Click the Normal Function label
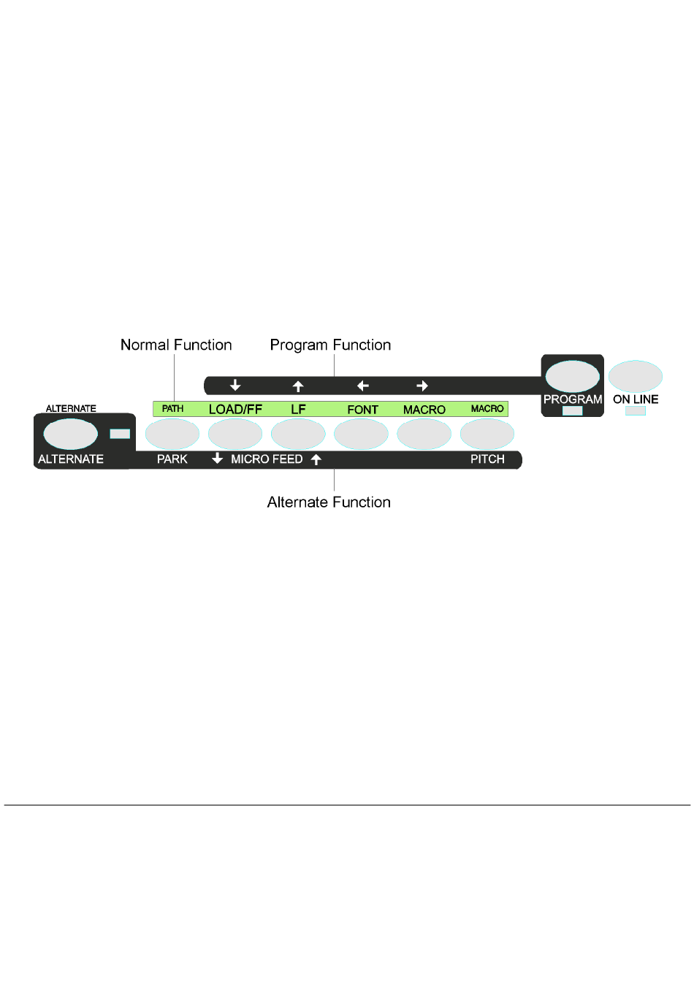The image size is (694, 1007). tap(176, 345)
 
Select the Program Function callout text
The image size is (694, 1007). tap(330, 345)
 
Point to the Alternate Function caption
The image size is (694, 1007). tap(329, 502)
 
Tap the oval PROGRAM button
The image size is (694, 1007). tap(572, 376)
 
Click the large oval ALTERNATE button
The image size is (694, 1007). tap(70, 434)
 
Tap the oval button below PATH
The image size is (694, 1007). tap(172, 434)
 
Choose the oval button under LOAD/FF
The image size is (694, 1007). tap(235, 434)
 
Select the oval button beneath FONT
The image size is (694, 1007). tap(361, 434)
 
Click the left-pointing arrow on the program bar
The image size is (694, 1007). tap(362, 386)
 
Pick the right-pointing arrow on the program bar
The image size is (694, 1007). tap(422, 386)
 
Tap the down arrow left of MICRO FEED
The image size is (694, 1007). tap(217, 459)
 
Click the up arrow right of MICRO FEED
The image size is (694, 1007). tap(316, 459)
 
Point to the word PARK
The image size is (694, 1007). tap(172, 459)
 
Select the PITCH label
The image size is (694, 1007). tap(487, 459)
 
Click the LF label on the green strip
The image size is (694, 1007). tap(298, 409)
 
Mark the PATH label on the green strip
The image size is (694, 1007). tap(172, 409)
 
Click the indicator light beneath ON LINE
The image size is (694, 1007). tap(635, 411)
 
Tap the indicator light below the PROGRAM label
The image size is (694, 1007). tap(572, 411)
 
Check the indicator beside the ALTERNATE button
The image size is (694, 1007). tap(120, 434)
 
